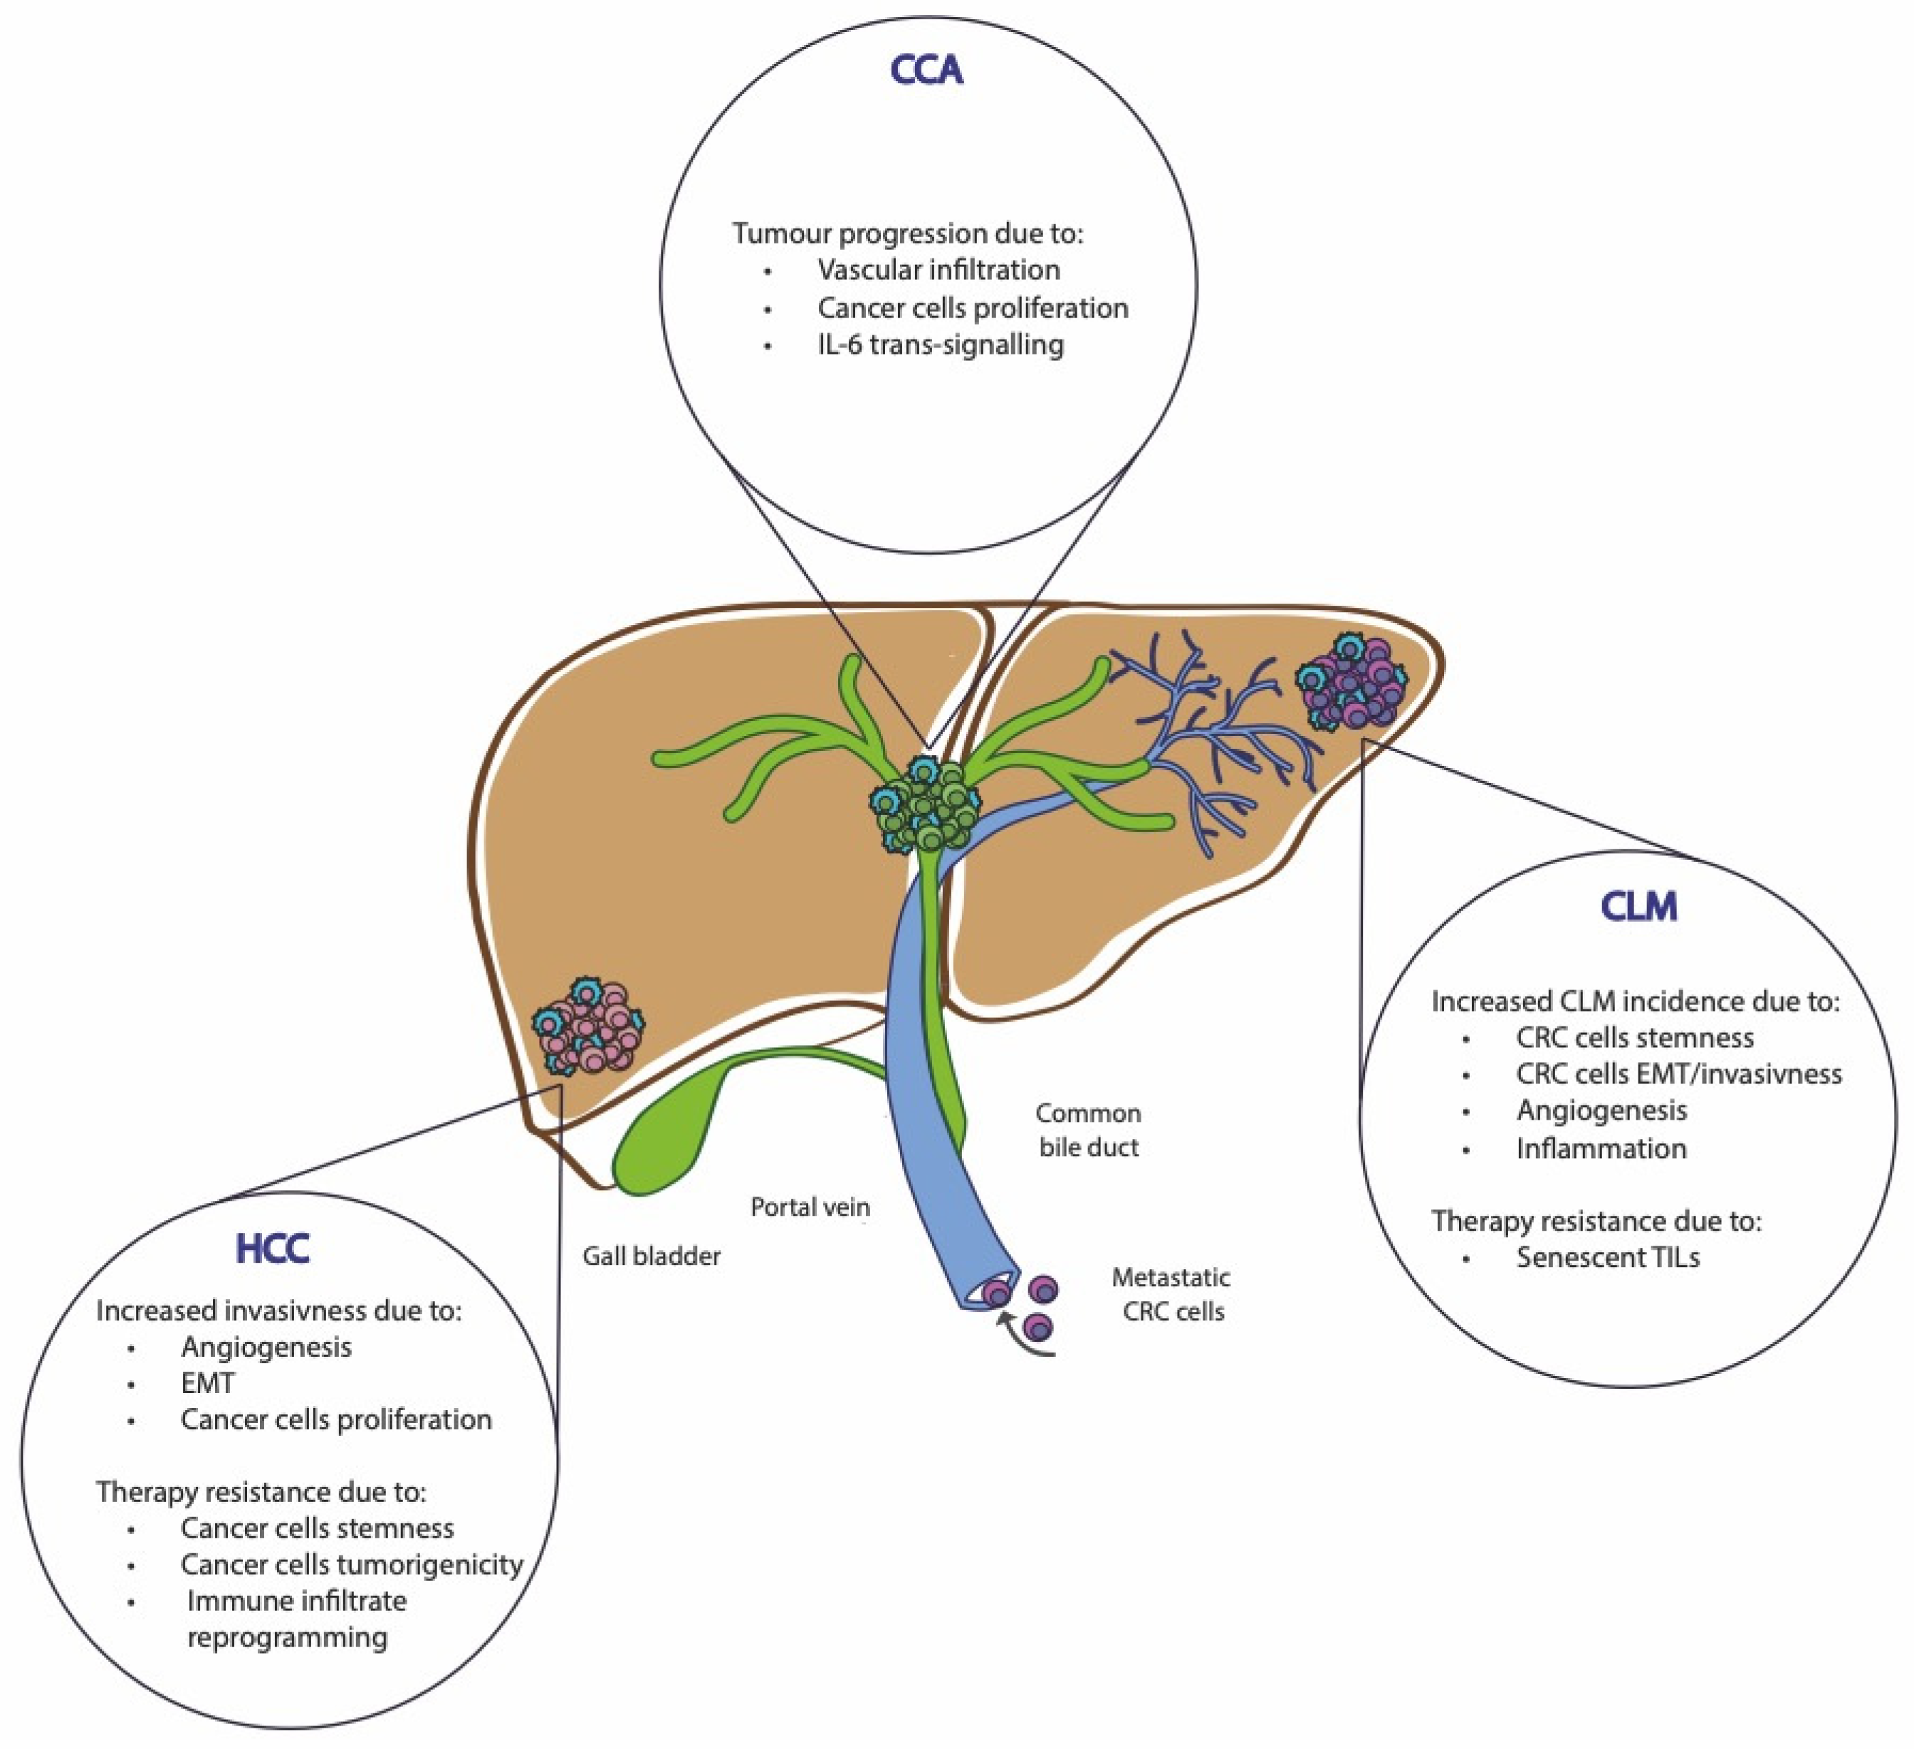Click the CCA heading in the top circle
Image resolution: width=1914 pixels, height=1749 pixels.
coord(926,70)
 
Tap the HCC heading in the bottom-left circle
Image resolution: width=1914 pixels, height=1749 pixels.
coord(273,1249)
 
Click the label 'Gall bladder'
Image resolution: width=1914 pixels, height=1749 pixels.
coord(652,1256)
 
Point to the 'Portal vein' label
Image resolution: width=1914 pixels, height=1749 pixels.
coord(810,1207)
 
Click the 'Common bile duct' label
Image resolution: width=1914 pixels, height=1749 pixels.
coord(1088,1130)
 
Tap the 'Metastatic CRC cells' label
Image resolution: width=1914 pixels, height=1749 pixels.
coord(1171,1294)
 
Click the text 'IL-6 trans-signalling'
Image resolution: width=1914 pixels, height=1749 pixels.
coord(940,345)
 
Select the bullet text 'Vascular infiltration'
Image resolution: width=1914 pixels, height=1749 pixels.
coord(938,271)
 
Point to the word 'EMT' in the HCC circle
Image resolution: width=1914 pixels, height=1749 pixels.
coord(207,1384)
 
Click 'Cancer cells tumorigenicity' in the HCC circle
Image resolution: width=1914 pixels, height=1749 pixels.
coord(351,1564)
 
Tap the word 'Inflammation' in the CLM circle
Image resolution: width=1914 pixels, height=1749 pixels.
coord(1601,1148)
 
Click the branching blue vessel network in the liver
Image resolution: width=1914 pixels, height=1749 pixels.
coord(1225,750)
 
